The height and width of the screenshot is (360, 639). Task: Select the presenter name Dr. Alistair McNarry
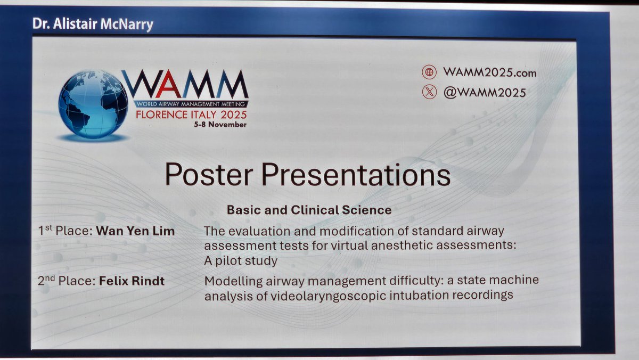(x=93, y=24)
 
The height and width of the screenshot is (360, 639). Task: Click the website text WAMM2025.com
(x=489, y=72)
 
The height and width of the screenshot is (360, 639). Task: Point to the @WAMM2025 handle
(x=484, y=92)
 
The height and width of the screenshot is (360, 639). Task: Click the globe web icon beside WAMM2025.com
(x=429, y=72)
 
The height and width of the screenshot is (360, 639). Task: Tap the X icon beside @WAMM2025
(x=429, y=92)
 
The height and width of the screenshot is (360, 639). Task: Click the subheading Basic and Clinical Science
(x=309, y=210)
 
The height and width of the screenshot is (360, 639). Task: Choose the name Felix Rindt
(x=132, y=281)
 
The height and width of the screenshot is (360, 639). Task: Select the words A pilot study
(x=241, y=261)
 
